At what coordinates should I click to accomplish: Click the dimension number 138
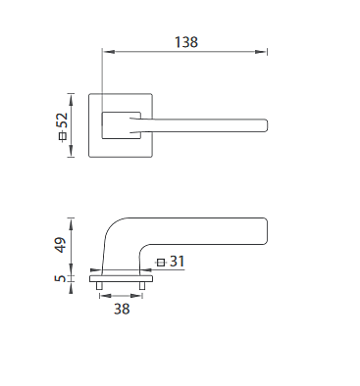click(x=186, y=42)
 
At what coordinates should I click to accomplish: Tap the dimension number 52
click(x=62, y=121)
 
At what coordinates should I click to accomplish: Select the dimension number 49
click(x=60, y=245)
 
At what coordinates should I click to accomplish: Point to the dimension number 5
click(x=60, y=278)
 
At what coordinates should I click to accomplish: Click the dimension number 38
click(x=122, y=309)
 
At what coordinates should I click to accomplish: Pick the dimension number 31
click(x=178, y=262)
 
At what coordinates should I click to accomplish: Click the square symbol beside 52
click(x=63, y=135)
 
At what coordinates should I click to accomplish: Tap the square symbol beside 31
click(x=161, y=263)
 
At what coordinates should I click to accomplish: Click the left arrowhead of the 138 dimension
click(x=109, y=52)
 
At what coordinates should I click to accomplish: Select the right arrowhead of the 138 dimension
click(x=261, y=52)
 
